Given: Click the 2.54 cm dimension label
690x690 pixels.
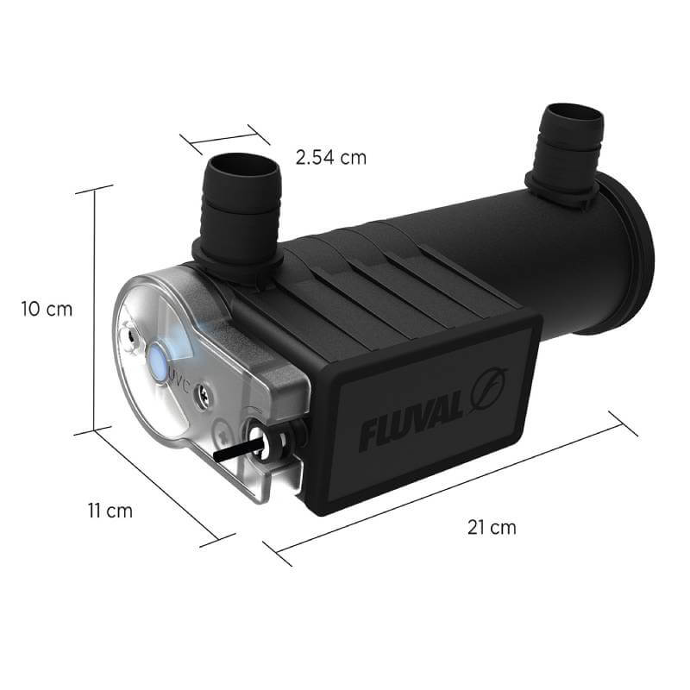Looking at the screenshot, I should pyautogui.click(x=330, y=158).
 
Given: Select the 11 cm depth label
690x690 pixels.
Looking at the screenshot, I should pyautogui.click(x=110, y=511).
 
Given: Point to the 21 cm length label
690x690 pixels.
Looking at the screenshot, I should pyautogui.click(x=492, y=528).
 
